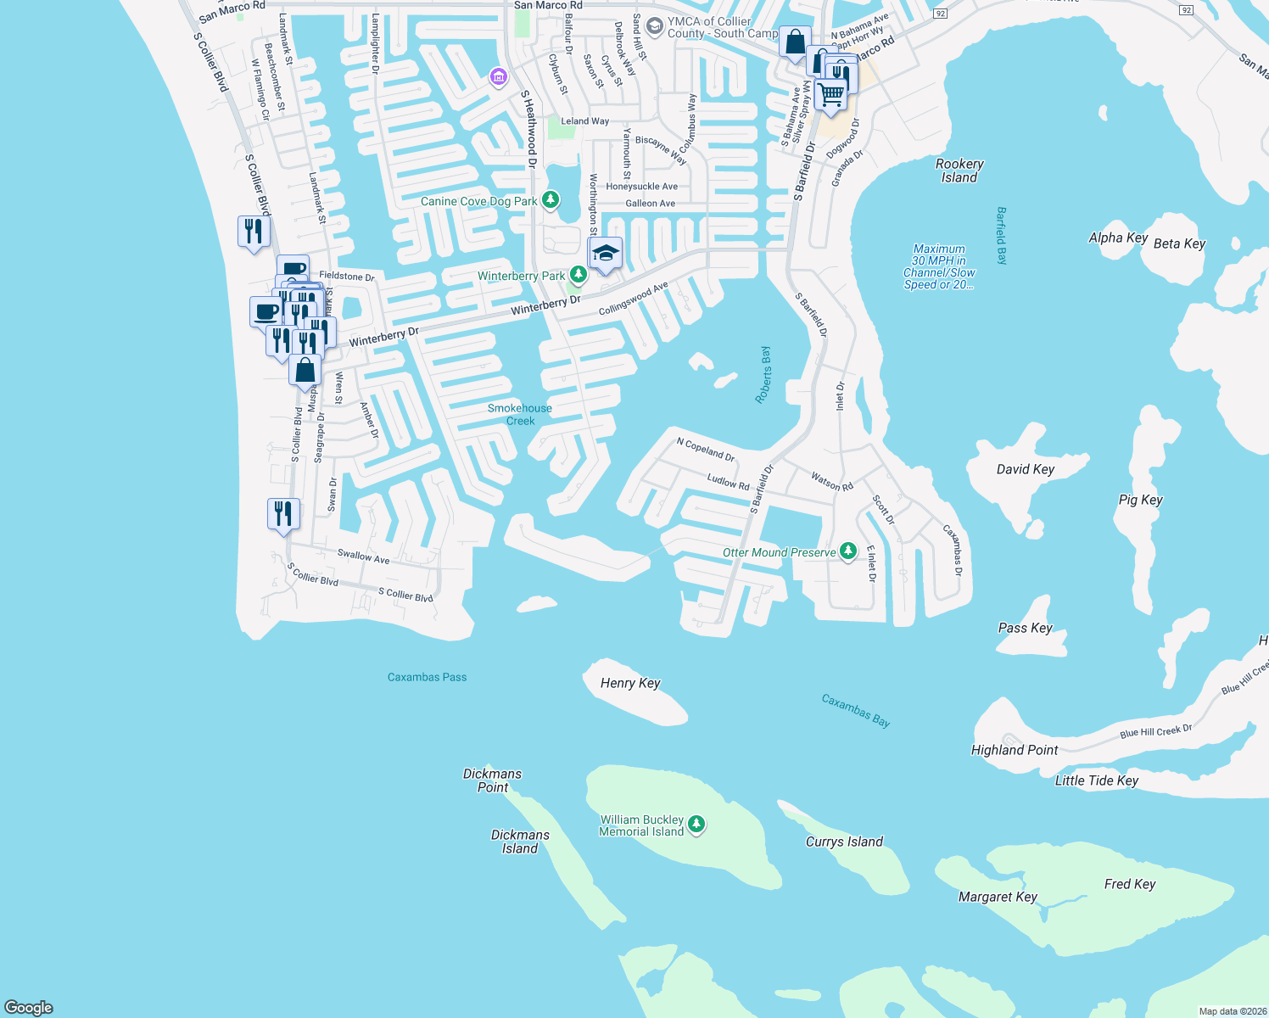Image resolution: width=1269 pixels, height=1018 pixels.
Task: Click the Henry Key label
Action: click(629, 683)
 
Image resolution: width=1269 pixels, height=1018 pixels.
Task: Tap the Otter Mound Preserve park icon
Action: click(847, 551)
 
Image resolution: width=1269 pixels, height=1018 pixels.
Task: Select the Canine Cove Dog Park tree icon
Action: click(551, 200)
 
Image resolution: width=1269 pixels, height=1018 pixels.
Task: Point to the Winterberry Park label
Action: click(521, 276)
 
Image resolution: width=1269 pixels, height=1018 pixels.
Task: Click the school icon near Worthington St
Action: click(606, 254)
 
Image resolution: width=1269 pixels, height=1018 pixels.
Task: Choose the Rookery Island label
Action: click(959, 171)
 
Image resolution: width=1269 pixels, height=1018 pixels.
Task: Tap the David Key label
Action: click(1025, 469)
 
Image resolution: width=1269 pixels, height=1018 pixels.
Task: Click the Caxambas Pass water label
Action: click(427, 677)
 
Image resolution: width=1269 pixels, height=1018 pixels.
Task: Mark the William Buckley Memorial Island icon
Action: click(696, 824)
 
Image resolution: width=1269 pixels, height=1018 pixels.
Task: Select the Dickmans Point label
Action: click(492, 780)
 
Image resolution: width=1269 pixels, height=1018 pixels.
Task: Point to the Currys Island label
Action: click(844, 842)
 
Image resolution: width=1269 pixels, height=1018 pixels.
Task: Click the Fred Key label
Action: click(1130, 884)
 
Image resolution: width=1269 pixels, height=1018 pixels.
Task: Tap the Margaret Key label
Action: click(998, 897)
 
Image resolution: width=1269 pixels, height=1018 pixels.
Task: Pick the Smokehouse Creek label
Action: click(520, 414)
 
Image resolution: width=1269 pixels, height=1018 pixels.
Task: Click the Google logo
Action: click(29, 1007)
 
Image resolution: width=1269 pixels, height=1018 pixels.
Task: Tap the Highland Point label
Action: click(1015, 750)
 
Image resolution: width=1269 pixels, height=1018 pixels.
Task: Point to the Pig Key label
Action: click(1140, 500)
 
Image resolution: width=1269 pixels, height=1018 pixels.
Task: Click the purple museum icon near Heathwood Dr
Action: click(498, 78)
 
